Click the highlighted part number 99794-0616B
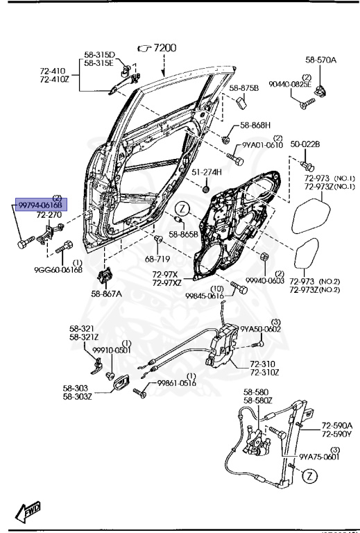click(40, 206)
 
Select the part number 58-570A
click(321, 61)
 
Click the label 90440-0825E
click(310, 83)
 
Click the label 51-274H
click(207, 171)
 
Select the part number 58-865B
click(185, 235)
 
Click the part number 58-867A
click(106, 294)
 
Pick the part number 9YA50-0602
click(260, 329)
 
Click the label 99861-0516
click(177, 382)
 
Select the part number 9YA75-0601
click(319, 457)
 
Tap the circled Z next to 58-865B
click(182, 208)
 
